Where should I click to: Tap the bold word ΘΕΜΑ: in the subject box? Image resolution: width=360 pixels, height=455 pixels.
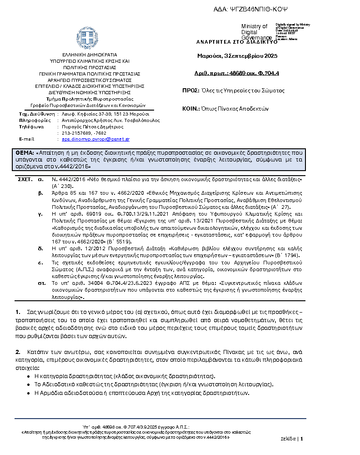[x=25, y=152]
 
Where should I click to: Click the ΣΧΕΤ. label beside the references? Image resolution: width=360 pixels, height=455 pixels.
[x=25, y=180]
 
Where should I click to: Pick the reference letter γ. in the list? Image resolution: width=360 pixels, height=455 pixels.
[x=41, y=213]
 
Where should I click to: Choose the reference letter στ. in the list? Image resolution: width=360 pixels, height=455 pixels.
[x=41, y=283]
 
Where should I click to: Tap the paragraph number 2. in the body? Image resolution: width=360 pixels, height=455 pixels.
[x=18, y=352]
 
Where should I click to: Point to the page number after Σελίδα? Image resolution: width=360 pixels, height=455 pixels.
[x=301, y=439]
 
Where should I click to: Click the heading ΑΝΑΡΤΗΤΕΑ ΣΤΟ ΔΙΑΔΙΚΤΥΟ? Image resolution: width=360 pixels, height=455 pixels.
[x=236, y=41]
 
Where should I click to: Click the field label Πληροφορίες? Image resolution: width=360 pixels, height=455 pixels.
[x=34, y=121]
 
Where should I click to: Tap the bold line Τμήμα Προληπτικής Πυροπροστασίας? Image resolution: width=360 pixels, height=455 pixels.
[x=90, y=99]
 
